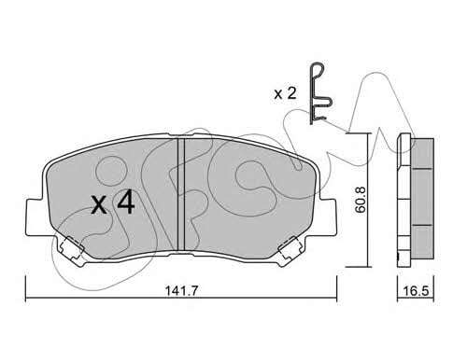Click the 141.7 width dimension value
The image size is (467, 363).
(181, 291)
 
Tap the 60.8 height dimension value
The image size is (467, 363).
(361, 200)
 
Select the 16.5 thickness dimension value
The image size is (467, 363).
(416, 291)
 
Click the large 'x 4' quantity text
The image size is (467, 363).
(113, 202)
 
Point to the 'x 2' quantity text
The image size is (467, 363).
(285, 93)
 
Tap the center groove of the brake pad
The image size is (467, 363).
(181, 193)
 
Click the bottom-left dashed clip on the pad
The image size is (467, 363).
(73, 248)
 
